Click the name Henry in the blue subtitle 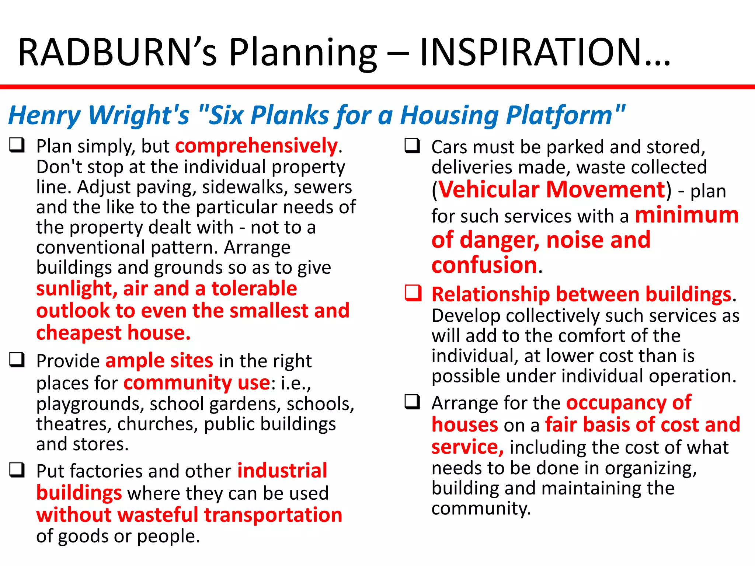pos(44,116)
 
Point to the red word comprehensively pos(256,146)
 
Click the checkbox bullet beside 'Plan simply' pos(17,145)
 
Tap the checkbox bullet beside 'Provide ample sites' pos(17,360)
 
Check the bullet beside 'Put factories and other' pos(17,470)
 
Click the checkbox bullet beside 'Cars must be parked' pos(412,146)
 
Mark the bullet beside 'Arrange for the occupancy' pos(412,402)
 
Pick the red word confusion pos(484,265)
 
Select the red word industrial pos(282,471)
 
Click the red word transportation pos(273,515)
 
